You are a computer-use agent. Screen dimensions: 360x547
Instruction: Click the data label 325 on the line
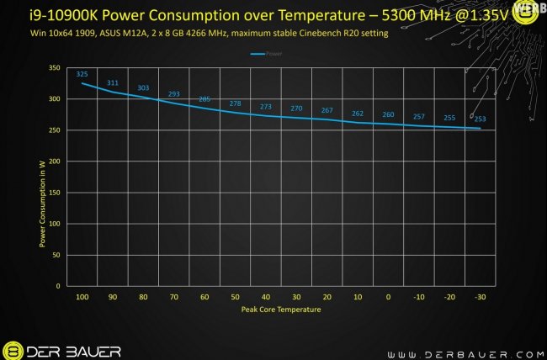[82, 74]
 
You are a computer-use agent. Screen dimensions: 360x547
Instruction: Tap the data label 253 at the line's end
[480, 119]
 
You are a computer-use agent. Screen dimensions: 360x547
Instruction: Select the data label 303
[143, 87]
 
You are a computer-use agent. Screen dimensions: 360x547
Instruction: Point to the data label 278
[235, 103]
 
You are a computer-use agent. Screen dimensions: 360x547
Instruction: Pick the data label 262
[358, 114]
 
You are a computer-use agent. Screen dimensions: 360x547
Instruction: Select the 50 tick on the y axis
[57, 255]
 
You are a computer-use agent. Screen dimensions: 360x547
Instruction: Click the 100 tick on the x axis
[82, 296]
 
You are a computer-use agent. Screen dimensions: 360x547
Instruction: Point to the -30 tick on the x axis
[480, 296]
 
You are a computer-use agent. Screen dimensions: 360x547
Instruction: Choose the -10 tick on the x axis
[418, 296]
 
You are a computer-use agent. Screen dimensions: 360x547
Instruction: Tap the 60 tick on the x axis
[204, 296]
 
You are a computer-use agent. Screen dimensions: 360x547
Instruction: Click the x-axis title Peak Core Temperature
[280, 310]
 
